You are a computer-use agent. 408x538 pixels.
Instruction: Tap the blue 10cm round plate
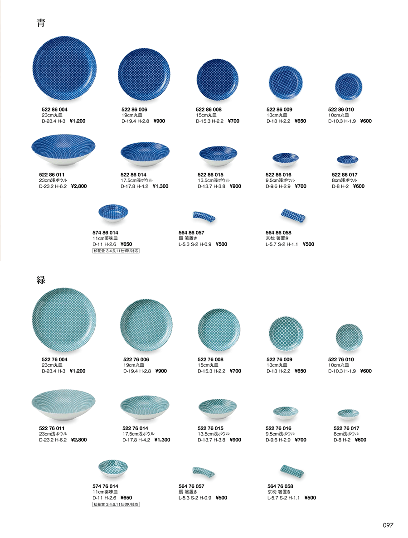coord(348,86)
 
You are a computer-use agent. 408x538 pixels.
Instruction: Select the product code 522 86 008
coord(209,109)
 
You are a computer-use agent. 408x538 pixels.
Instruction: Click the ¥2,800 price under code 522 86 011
coord(79,186)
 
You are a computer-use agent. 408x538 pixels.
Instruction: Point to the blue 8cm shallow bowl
coord(347,160)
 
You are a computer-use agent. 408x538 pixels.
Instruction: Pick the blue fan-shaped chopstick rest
coord(204,216)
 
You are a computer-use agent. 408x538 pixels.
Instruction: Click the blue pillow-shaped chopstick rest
coord(293,215)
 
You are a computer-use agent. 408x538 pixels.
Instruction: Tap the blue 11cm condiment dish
coord(113,213)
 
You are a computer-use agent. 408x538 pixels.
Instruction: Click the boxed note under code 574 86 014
coord(116,251)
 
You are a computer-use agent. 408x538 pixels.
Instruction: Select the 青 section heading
coord(41,23)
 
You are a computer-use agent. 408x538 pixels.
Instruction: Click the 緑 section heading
coord(41,280)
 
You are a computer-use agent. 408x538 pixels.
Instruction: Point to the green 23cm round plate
coord(64,320)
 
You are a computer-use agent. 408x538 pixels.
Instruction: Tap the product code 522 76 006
coord(136,359)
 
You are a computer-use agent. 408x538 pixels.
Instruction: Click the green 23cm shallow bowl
coord(63,404)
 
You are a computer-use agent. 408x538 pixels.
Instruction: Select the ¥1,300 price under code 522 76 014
coord(162,440)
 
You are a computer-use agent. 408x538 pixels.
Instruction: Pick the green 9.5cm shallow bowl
coord(286,413)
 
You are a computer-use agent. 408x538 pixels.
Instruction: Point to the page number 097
coord(388,525)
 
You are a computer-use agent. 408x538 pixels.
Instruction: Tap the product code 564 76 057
coord(191,486)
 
